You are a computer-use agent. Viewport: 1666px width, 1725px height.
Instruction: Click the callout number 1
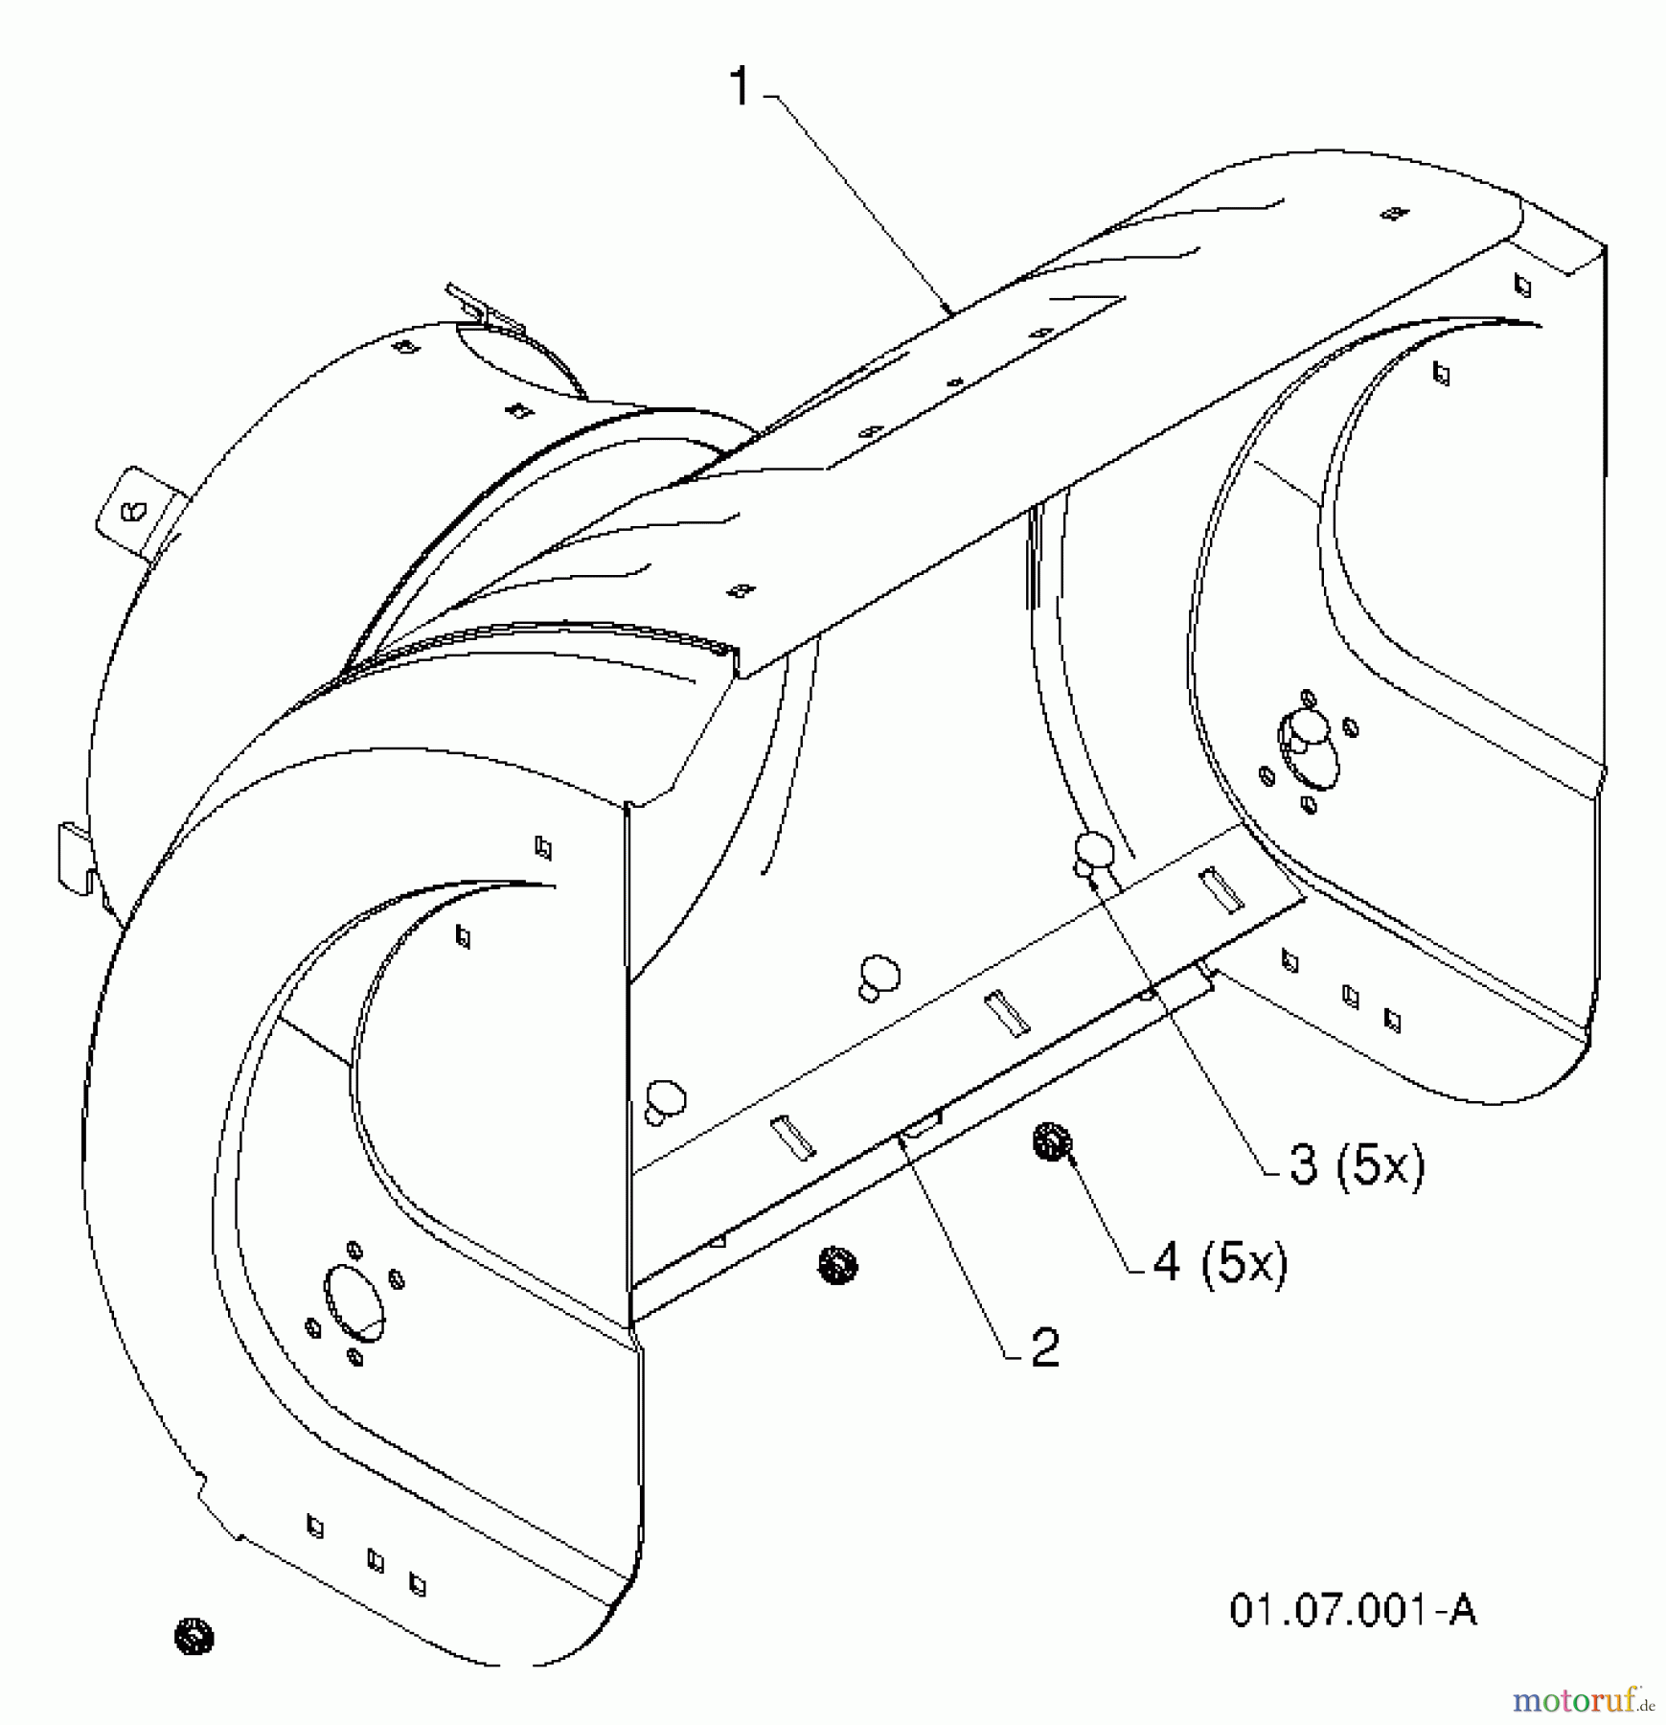pos(741,87)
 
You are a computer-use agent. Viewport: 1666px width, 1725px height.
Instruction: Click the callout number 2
pos(1044,1346)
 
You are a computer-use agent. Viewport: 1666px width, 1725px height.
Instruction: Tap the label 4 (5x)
pos(1220,1262)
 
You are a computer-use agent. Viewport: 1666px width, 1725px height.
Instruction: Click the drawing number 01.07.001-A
pos(1353,1611)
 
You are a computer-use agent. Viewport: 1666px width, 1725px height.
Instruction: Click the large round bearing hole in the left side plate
pos(355,1300)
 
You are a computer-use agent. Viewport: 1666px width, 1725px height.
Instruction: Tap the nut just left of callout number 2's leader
pos(838,1264)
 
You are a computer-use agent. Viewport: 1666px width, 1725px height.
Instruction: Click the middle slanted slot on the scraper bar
pos(1008,1013)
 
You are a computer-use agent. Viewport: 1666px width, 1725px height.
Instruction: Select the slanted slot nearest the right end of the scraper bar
pos(1221,888)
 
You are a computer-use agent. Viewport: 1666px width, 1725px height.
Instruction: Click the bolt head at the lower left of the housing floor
pos(665,1099)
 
